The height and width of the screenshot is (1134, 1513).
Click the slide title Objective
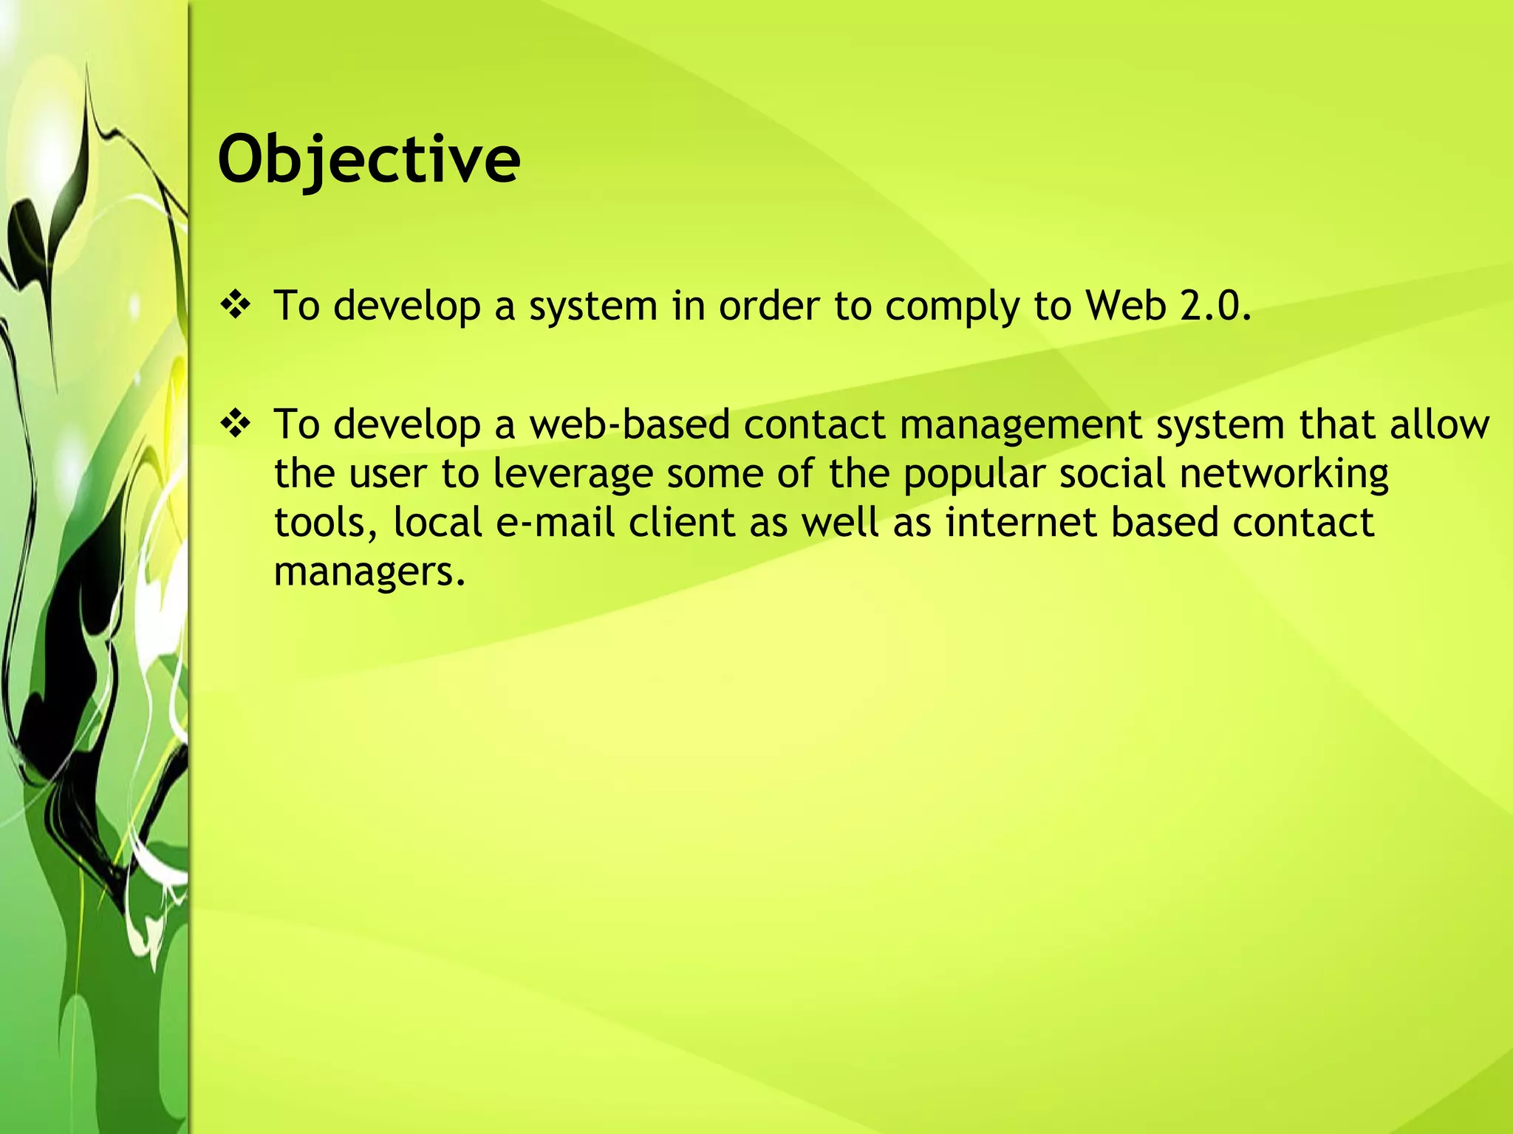(369, 160)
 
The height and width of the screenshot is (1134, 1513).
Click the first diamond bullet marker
(236, 305)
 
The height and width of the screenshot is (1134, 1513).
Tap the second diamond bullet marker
(236, 425)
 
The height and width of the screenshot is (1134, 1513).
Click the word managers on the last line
(369, 572)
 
